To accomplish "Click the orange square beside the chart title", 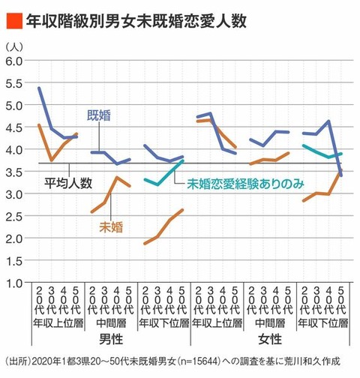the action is tap(14, 21).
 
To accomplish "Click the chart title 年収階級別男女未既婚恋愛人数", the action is tap(136, 21).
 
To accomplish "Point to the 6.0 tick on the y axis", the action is tap(13, 61).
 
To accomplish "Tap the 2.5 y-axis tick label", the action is tap(13, 216).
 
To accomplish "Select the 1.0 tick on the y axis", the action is tap(13, 283).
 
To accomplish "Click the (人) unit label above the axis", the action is tap(14, 46).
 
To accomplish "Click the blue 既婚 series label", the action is tap(99, 115).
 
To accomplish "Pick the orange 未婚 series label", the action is tap(111, 227).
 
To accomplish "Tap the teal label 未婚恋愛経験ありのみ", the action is tap(246, 184).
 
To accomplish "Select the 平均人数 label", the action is tap(68, 183).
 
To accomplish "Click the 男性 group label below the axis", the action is tap(111, 339).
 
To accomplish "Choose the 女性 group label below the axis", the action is tap(270, 339).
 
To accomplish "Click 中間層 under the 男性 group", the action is tap(111, 323).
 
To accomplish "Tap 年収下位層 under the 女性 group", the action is tap(323, 323).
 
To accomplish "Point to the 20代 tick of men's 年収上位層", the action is tap(39, 300).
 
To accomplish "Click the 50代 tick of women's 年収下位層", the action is tap(341, 300).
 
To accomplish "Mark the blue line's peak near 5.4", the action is tap(39, 88).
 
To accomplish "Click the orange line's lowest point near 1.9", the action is tap(145, 244).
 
